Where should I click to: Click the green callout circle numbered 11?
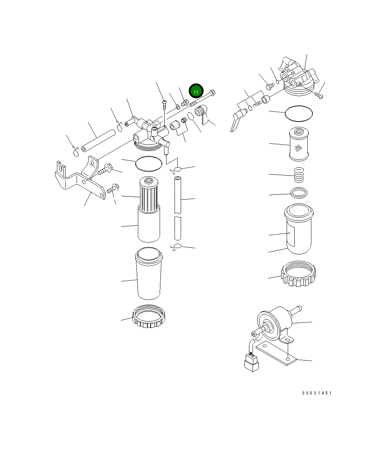(196, 91)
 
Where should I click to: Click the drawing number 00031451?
(316, 393)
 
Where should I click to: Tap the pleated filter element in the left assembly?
(149, 195)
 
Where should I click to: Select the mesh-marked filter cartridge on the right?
(299, 144)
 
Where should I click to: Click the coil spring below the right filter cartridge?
(299, 175)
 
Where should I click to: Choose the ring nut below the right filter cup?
(299, 274)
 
